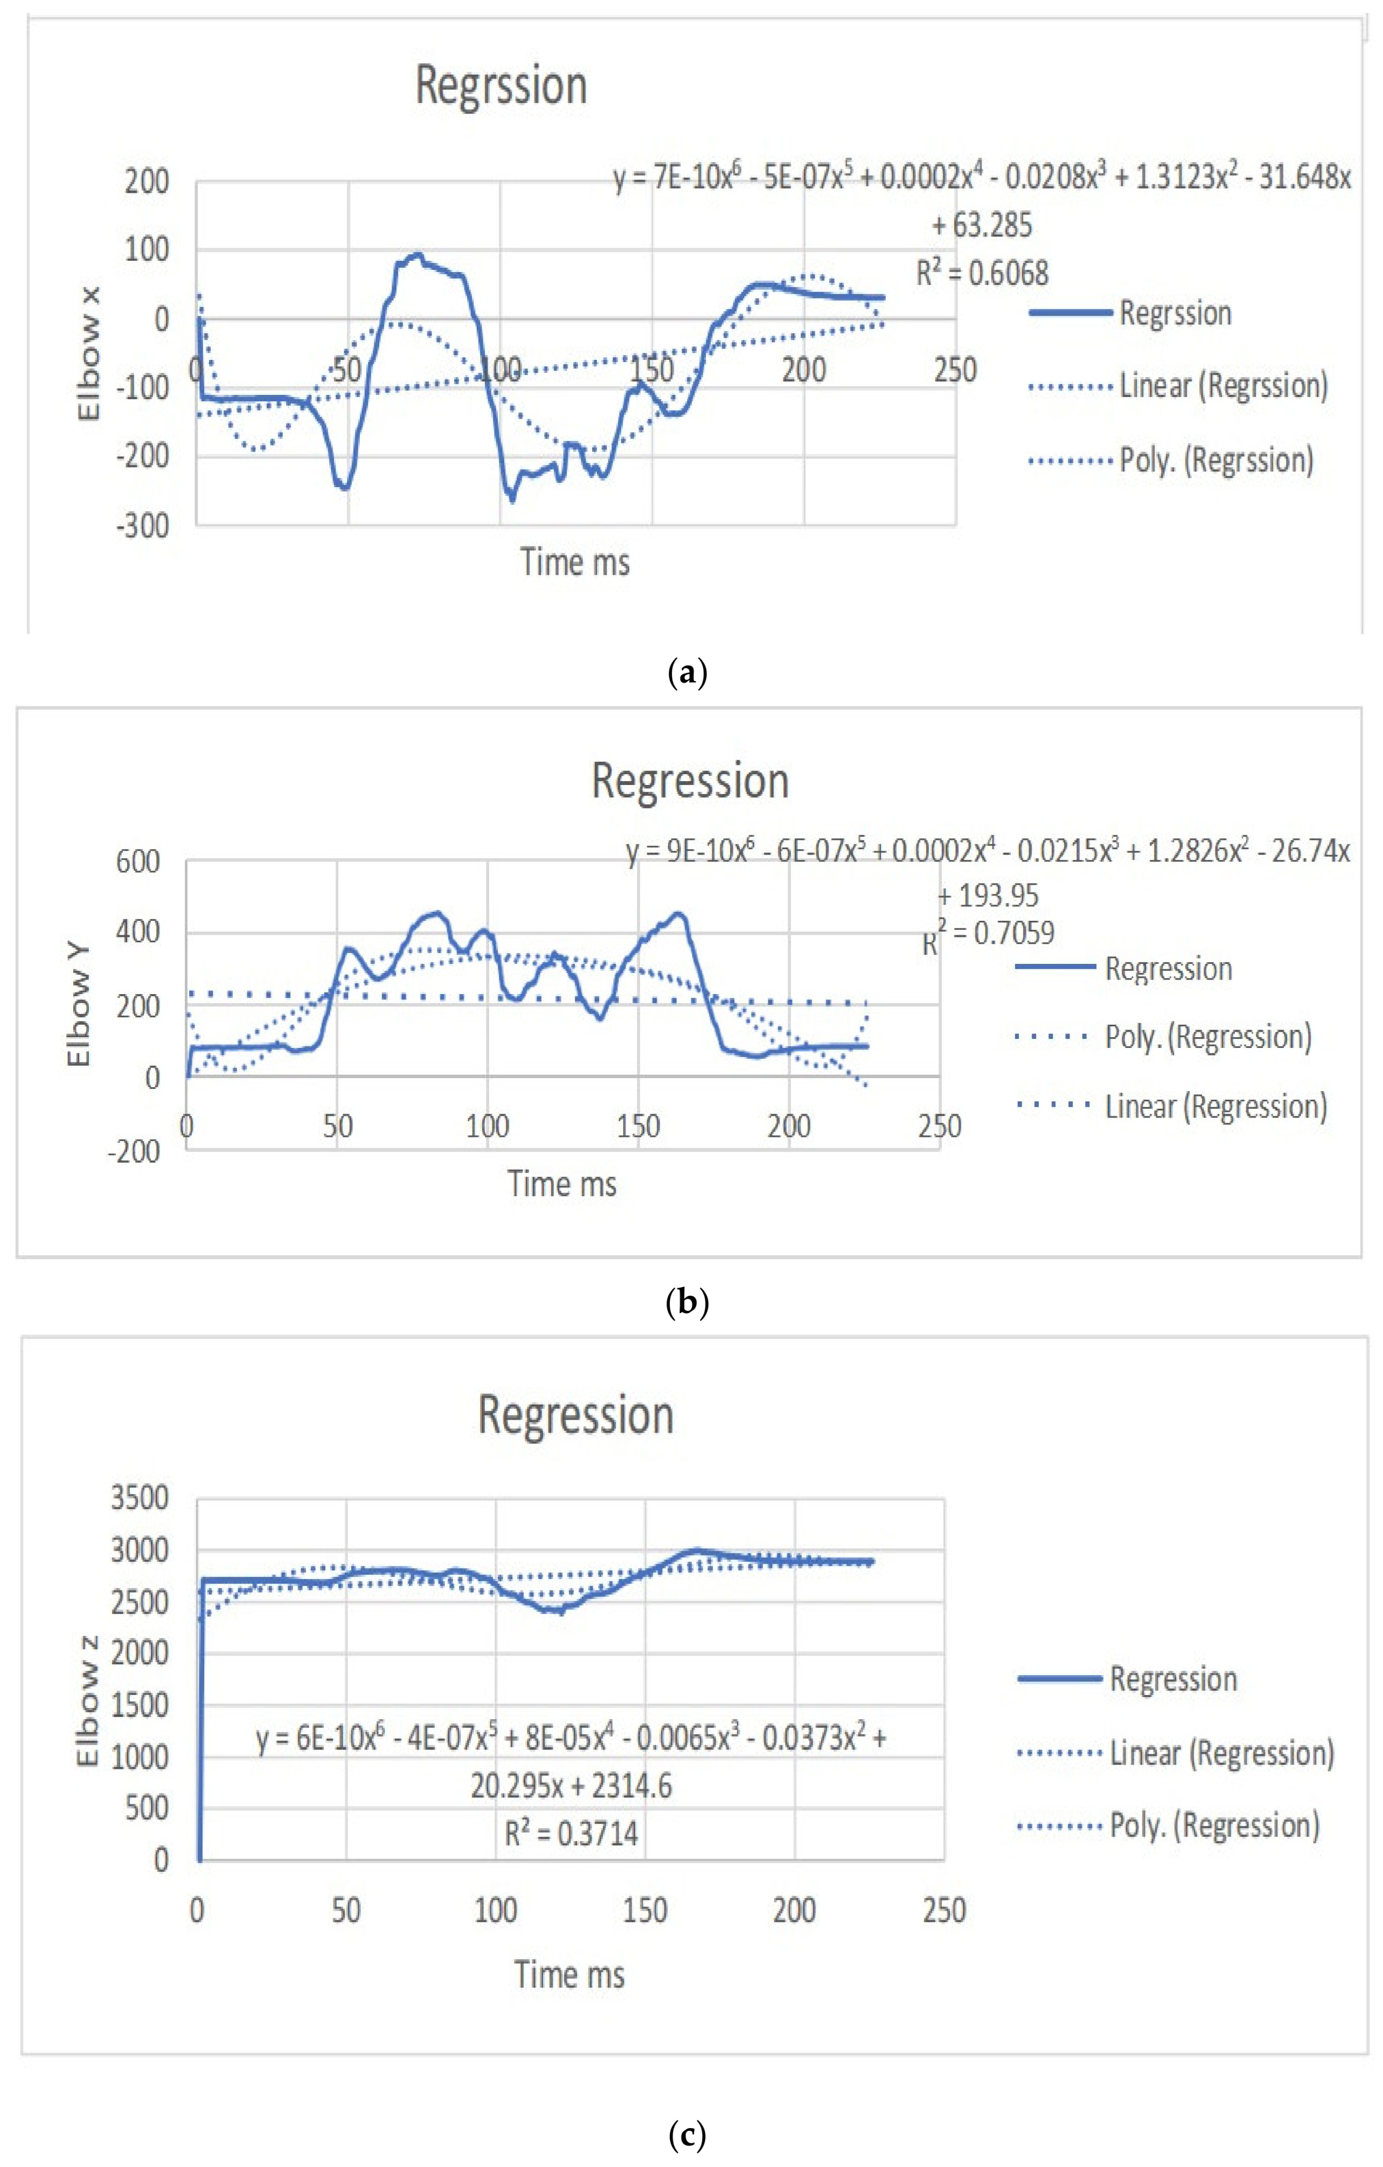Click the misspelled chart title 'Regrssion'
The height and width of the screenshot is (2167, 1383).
click(x=501, y=86)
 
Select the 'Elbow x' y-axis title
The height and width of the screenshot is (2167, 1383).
click(x=89, y=353)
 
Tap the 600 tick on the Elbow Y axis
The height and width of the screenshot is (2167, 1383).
click(x=138, y=862)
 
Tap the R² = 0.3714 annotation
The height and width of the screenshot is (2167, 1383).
click(x=572, y=1833)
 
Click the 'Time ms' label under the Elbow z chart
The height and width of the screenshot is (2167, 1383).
click(x=569, y=1975)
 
